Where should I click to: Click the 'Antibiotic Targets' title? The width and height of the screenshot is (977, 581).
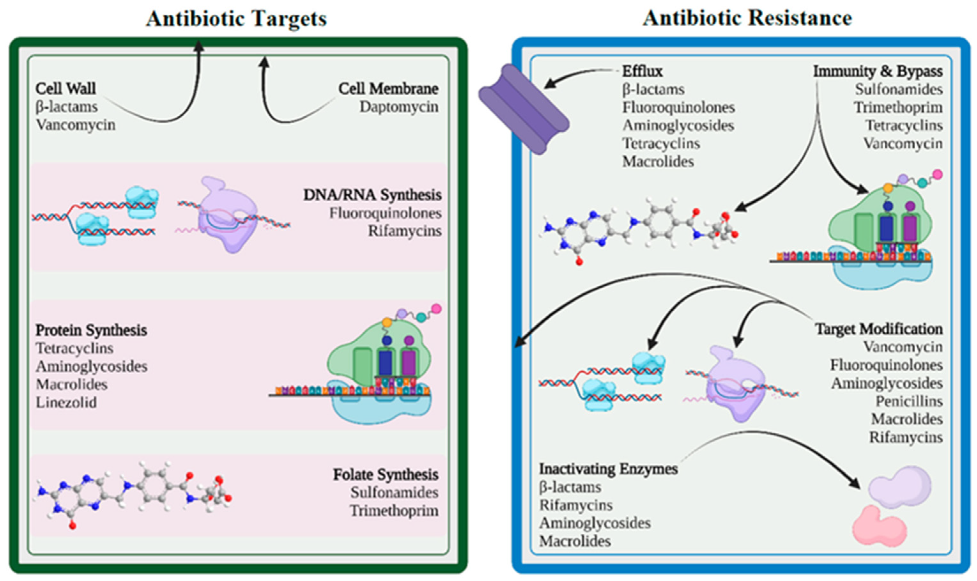click(236, 19)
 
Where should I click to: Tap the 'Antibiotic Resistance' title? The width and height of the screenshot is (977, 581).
click(747, 19)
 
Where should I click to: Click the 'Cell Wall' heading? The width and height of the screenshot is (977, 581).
click(65, 89)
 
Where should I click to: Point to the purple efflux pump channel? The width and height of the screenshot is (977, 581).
click(523, 109)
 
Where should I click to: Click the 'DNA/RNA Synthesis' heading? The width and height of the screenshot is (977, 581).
click(372, 195)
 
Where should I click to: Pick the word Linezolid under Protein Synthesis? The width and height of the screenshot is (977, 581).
click(66, 402)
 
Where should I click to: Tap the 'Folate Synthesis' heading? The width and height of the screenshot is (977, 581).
click(385, 475)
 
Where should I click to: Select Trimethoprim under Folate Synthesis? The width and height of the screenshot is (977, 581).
click(394, 510)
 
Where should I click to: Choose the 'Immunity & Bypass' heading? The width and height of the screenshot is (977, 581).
click(878, 71)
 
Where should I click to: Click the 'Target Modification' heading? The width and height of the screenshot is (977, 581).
click(879, 329)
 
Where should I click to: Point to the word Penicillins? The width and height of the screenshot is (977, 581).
click(909, 401)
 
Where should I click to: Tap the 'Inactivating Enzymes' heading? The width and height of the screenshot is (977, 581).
click(608, 469)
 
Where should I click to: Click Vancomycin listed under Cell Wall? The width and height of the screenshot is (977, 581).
click(75, 125)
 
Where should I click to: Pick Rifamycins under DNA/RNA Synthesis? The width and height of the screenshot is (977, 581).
click(405, 231)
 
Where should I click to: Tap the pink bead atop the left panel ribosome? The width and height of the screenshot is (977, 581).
click(436, 309)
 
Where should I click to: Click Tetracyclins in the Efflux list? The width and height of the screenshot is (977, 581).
click(661, 143)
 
